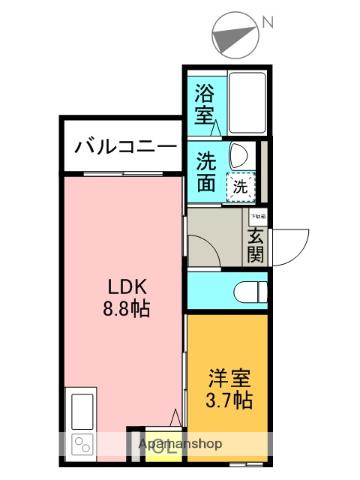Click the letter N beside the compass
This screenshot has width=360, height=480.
[x=268, y=21]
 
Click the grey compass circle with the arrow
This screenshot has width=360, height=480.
[x=235, y=37]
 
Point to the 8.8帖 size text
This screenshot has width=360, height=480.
[x=125, y=309]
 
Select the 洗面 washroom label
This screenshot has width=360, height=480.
[x=205, y=170]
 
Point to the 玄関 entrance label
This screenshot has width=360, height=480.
[x=256, y=245]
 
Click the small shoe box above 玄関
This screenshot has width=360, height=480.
[x=257, y=216]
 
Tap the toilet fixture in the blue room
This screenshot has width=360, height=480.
[x=248, y=291]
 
